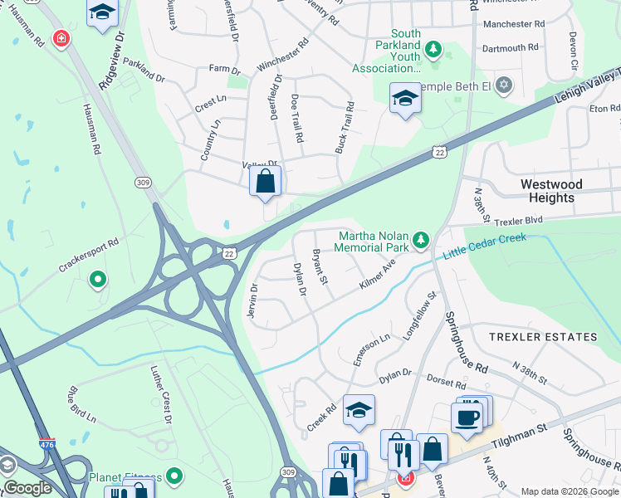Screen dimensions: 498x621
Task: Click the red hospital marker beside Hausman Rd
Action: click(61, 38)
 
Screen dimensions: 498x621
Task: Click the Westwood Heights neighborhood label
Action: click(551, 191)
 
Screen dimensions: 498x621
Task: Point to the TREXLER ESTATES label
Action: click(543, 337)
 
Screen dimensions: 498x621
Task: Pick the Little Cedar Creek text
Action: click(484, 249)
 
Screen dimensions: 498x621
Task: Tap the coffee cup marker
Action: click(467, 416)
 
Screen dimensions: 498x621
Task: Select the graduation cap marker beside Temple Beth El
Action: click(405, 99)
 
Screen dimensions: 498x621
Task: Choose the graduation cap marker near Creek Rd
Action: click(359, 410)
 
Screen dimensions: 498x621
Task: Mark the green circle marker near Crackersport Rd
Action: click(97, 280)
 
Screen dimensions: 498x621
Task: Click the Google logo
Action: click(27, 488)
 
